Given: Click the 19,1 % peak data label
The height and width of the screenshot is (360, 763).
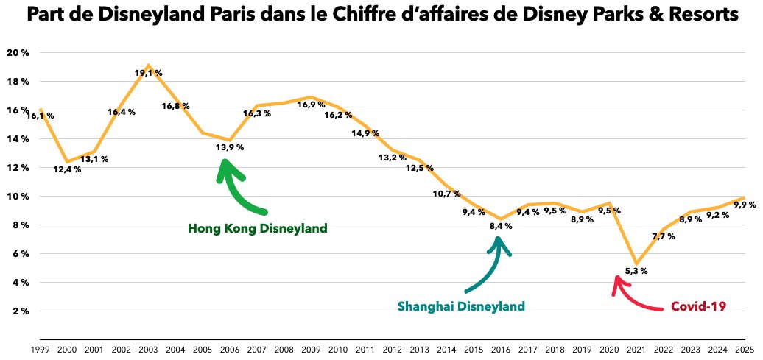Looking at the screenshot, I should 148,73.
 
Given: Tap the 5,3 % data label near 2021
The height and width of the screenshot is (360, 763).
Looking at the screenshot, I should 636,271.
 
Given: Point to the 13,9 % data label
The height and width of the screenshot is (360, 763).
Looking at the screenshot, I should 230,147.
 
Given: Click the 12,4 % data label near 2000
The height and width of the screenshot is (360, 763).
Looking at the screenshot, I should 68,169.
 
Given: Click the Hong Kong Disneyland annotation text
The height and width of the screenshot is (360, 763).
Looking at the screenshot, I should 258,228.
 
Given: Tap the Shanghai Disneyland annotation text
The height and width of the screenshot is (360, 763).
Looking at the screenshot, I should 461,306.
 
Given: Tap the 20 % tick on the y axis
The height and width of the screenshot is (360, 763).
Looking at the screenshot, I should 17,53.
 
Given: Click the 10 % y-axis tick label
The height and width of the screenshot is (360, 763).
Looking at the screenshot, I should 17,197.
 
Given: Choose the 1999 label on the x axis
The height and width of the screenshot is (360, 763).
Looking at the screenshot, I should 41,350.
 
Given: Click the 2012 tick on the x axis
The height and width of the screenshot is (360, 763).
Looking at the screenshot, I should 393,350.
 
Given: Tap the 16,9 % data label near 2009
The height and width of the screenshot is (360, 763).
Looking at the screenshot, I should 310,105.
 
